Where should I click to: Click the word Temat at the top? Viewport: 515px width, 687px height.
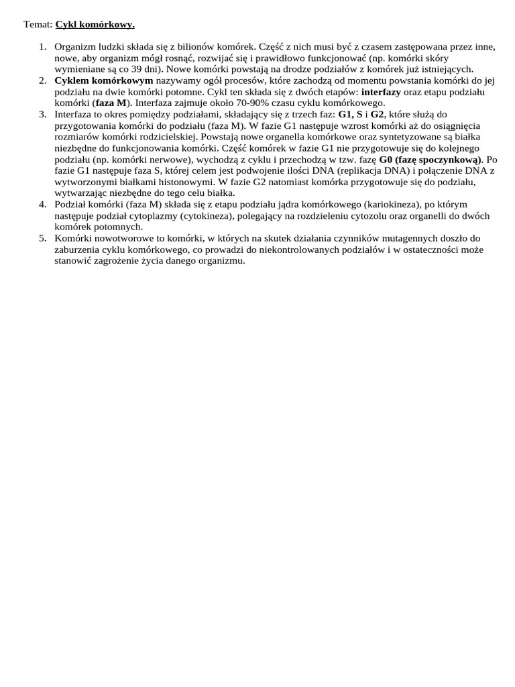click(x=38, y=25)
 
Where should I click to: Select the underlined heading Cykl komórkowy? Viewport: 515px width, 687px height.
click(x=95, y=25)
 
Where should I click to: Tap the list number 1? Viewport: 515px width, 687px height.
click(x=42, y=47)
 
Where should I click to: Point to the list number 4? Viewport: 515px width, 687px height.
click(x=42, y=204)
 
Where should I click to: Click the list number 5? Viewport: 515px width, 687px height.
click(x=42, y=238)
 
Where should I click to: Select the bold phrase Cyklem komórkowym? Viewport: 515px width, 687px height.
click(x=104, y=81)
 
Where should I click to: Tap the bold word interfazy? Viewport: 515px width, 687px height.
click(x=381, y=92)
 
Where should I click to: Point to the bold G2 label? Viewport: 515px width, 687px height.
click(x=378, y=115)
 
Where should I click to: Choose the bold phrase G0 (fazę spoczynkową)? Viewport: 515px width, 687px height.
click(x=431, y=160)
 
